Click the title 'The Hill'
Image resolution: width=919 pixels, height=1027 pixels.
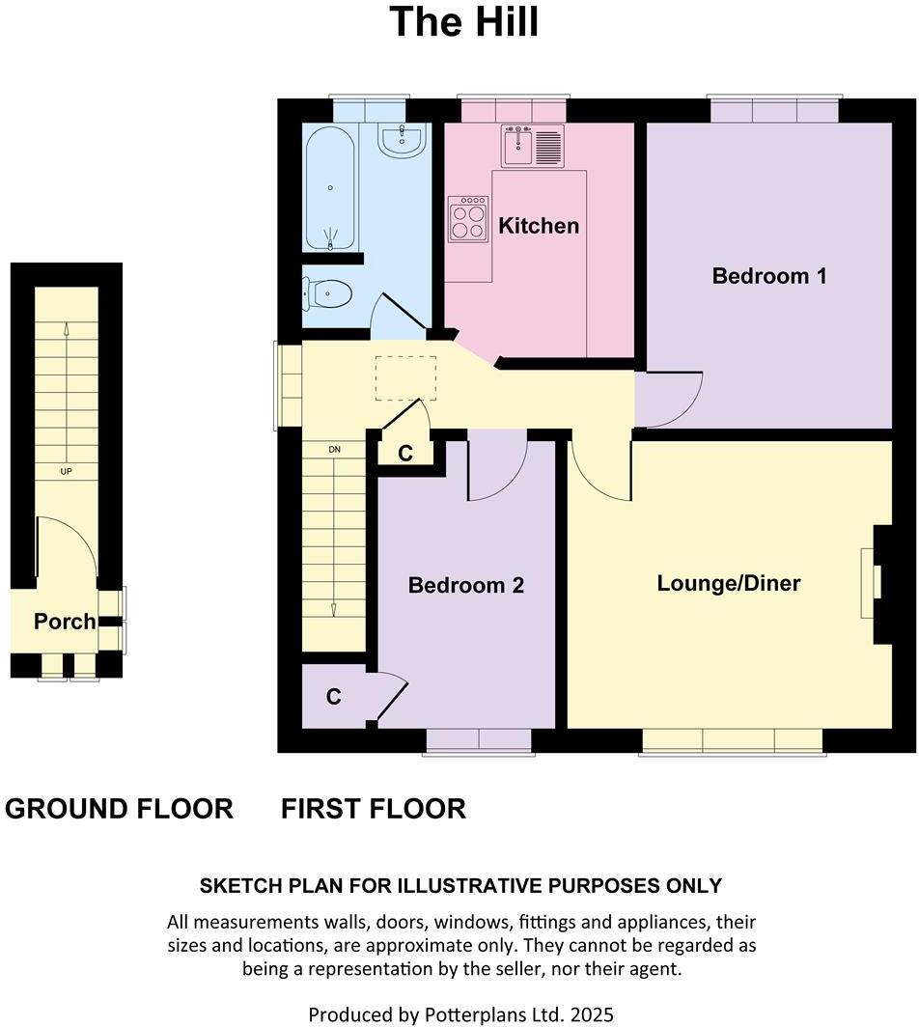pos(463,22)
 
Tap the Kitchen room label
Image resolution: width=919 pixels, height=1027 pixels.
pos(539,226)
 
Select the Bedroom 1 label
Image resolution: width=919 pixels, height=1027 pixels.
pos(768,276)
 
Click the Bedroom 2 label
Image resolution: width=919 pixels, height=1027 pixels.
pos(465,585)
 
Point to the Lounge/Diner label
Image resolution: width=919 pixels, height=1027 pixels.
pos(729,583)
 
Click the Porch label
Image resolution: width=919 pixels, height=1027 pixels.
pos(65,622)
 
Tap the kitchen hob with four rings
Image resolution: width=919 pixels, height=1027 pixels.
pos(468,219)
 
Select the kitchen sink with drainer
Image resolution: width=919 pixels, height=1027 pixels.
pos(532,146)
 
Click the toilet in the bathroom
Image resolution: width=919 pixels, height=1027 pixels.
pos(327,292)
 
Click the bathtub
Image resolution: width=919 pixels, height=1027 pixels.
pos(330,188)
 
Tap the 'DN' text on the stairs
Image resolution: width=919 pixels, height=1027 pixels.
pos(334,450)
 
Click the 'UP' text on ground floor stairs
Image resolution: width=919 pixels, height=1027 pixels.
pos(66,472)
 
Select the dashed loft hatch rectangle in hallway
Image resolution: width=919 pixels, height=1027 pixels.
pos(404,378)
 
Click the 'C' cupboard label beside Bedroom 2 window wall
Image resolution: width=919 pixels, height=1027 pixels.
pos(333,697)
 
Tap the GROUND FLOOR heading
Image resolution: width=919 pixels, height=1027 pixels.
pos(119,809)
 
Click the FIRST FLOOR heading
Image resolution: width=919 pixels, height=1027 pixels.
pos(374,809)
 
